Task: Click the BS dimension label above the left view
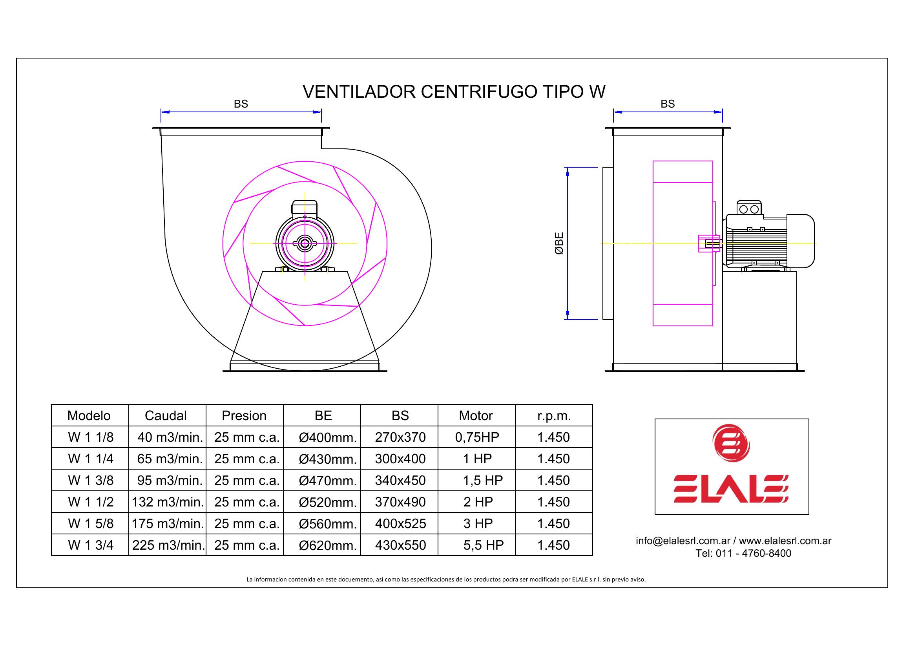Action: [241, 104]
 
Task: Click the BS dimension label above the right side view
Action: [667, 104]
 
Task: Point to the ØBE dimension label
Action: [559, 243]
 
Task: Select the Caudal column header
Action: [166, 415]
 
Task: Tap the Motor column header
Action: [476, 415]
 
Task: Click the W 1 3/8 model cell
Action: [91, 480]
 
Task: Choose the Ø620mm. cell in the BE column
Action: [327, 545]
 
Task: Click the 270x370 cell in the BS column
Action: [400, 437]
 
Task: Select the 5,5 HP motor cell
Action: [484, 545]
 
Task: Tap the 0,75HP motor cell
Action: [477, 437]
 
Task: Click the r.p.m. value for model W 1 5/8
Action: [553, 523]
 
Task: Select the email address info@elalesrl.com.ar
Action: [683, 541]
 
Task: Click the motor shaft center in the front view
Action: [305, 243]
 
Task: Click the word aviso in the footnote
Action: [638, 579]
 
